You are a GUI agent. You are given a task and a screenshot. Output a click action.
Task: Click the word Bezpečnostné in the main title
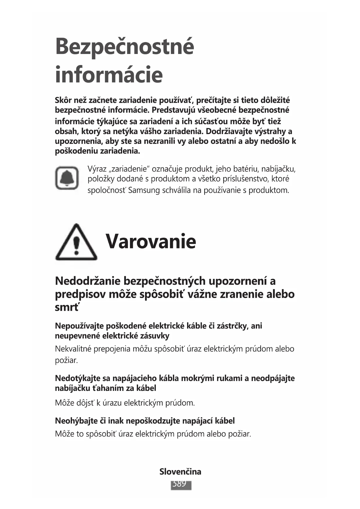click(124, 46)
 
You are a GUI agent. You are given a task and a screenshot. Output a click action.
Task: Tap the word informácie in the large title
click(109, 75)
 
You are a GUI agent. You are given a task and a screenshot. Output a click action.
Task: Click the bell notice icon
click(67, 178)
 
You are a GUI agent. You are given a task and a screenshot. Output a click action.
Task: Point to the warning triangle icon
click(76, 242)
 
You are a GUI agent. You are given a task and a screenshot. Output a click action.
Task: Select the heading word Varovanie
click(151, 241)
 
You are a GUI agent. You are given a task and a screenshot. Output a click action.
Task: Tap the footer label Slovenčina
click(180, 472)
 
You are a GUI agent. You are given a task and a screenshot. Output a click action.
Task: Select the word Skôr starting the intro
click(63, 100)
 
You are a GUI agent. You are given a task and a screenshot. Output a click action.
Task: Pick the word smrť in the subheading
click(67, 307)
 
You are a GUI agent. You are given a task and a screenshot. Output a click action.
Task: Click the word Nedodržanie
click(87, 281)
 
